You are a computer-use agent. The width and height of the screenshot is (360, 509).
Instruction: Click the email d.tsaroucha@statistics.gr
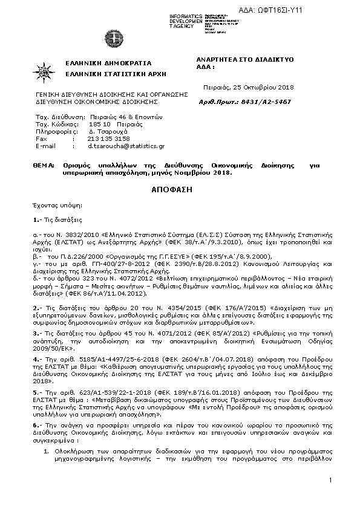pyautogui.click(x=126, y=146)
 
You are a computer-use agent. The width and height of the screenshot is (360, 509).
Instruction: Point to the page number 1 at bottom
pyautogui.click(x=332, y=479)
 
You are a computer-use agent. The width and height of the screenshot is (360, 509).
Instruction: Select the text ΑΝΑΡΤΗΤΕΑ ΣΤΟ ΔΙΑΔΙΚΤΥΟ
pyautogui.click(x=245, y=60)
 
